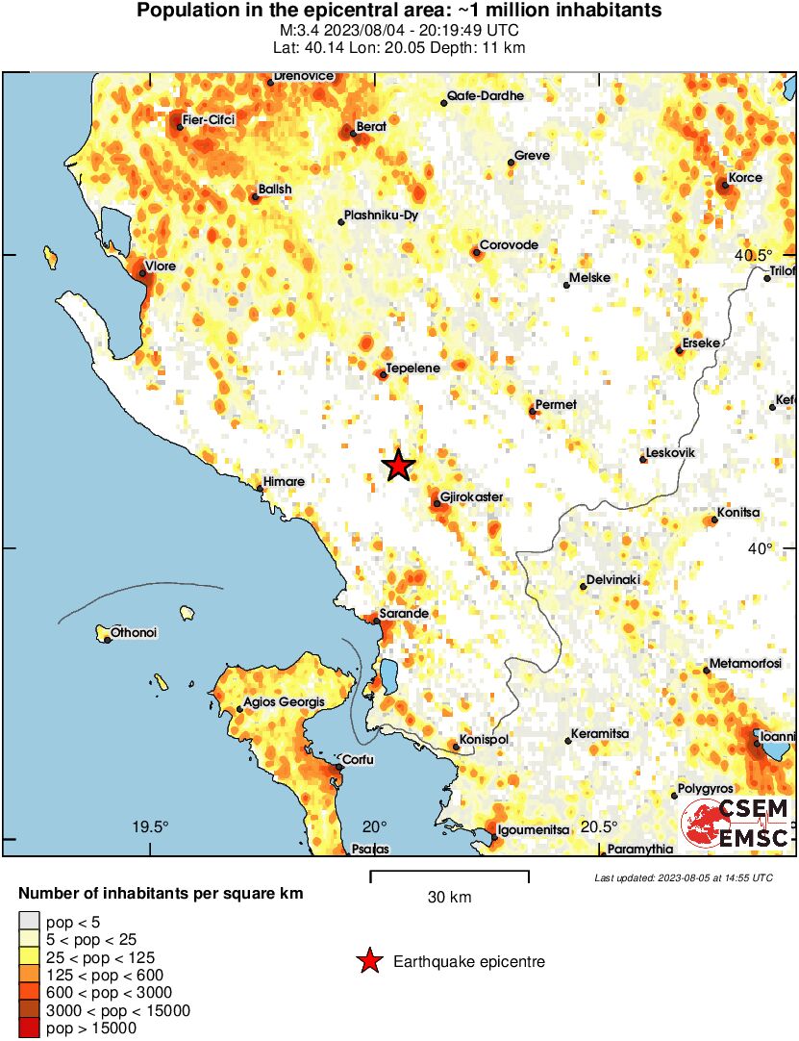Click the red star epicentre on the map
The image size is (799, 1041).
[398, 466]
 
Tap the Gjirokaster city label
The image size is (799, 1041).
[471, 496]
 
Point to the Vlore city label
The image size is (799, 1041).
[160, 266]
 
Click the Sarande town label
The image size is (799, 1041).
[404, 613]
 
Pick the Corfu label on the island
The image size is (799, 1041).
[358, 760]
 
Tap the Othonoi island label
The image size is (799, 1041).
[134, 632]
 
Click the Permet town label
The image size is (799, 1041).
[556, 404]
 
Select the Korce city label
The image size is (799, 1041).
[745, 178]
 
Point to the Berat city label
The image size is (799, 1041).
[371, 126]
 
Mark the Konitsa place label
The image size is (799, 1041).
[737, 513]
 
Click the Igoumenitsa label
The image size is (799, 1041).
[533, 829]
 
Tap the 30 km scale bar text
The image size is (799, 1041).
[449, 898]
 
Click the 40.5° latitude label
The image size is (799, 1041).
[753, 255]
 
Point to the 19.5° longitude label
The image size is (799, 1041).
[150, 826]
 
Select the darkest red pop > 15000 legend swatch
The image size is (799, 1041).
[29, 1028]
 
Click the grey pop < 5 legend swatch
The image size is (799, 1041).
[29, 922]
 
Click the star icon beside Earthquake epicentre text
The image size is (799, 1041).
[368, 961]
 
